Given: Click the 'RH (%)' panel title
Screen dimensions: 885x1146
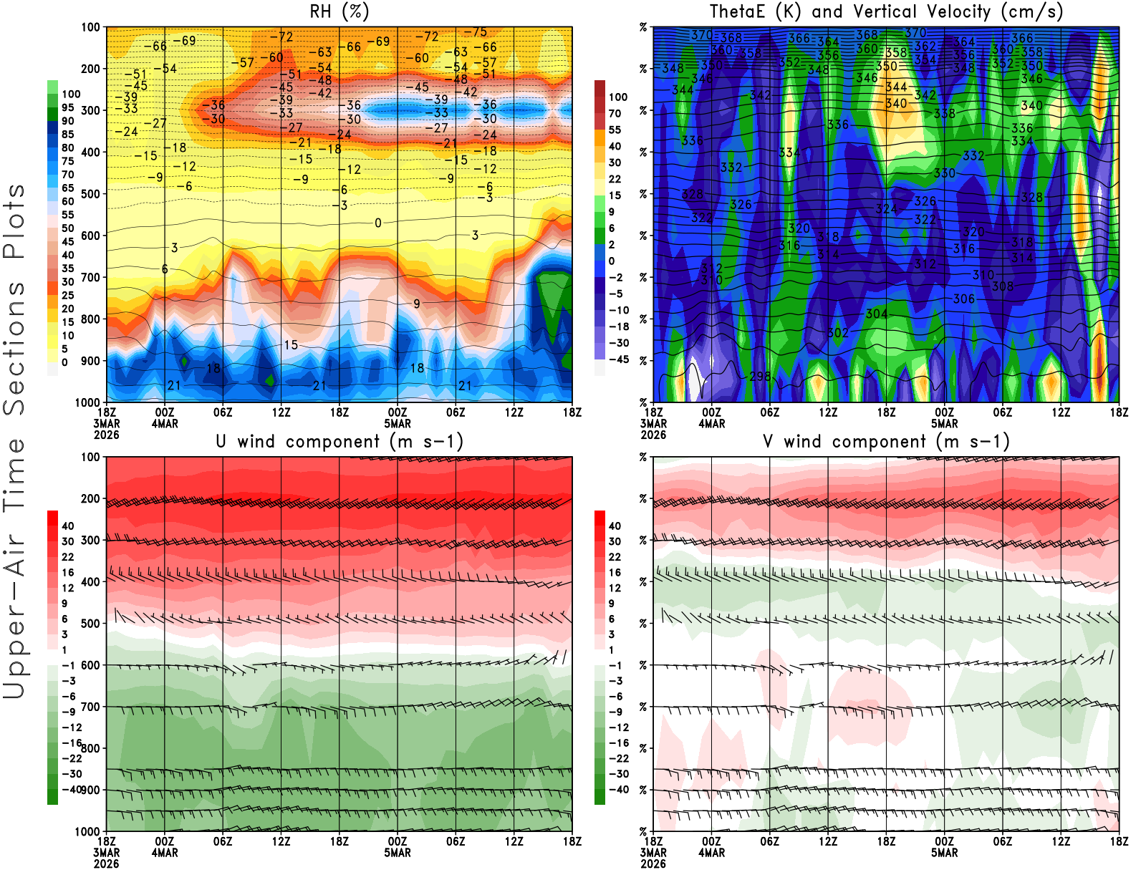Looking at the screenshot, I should [x=340, y=11].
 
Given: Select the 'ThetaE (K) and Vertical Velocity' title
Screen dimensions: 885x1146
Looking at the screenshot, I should [x=886, y=11].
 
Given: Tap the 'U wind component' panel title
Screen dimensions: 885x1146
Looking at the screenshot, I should [x=340, y=441].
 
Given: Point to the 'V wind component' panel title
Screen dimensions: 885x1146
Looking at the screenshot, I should [x=886, y=441].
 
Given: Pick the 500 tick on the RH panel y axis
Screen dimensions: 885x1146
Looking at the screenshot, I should [x=90, y=194].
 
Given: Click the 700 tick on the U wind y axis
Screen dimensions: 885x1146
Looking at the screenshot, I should [x=90, y=707].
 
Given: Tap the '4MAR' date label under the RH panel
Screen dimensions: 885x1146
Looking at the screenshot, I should [x=165, y=424].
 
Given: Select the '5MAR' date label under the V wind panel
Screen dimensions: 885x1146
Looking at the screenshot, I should [x=944, y=853].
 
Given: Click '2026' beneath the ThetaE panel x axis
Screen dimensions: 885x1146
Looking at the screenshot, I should [x=653, y=435].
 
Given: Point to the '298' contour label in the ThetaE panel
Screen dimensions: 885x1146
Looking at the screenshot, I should [x=760, y=376].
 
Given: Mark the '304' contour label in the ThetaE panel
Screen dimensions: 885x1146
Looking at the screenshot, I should [x=877, y=314].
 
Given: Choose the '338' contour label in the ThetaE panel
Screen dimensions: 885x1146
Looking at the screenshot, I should [x=944, y=113].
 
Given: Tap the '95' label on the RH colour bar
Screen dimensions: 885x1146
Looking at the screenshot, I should [x=67, y=107].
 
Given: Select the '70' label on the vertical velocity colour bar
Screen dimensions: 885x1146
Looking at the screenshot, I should [x=615, y=113].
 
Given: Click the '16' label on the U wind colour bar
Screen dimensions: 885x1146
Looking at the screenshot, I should [x=67, y=572].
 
